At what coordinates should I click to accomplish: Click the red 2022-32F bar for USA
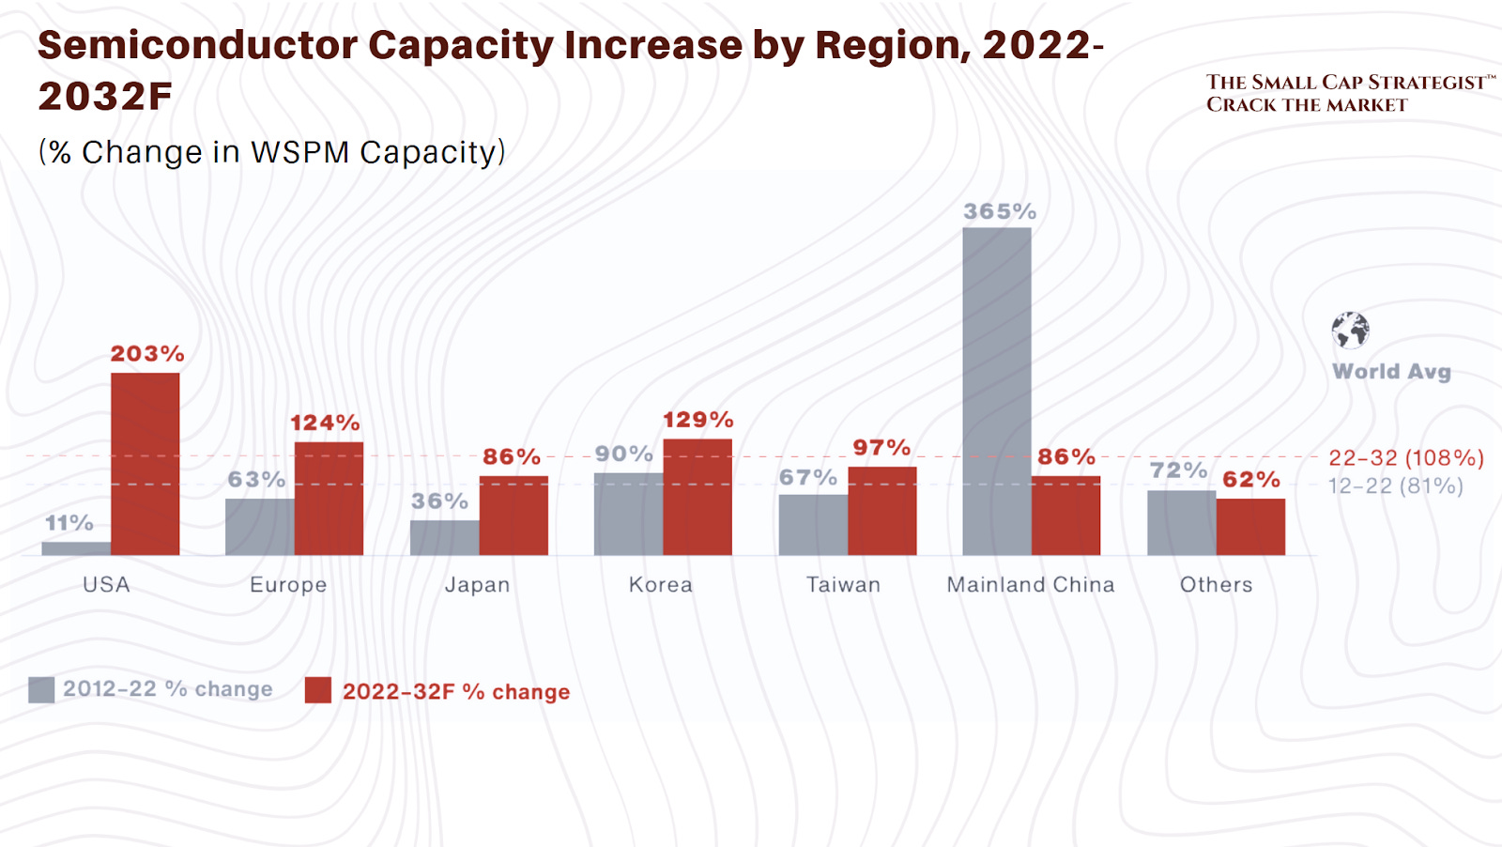[146, 464]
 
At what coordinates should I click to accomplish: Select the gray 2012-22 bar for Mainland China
[997, 392]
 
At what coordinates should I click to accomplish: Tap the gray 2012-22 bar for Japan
[444, 538]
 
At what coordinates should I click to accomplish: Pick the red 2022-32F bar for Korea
[697, 497]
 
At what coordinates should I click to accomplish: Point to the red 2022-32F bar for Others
[1250, 527]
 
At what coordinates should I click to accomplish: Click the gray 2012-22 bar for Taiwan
[813, 525]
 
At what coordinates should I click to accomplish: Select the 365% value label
[1000, 211]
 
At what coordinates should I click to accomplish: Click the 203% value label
[147, 354]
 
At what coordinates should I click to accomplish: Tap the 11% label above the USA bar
[69, 522]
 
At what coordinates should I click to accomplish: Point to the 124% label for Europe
[325, 423]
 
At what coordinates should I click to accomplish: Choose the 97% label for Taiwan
[881, 448]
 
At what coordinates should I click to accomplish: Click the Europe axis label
[288, 585]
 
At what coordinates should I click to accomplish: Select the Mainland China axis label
[1031, 585]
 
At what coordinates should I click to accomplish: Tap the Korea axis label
[661, 585]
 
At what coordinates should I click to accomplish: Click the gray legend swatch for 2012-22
[41, 690]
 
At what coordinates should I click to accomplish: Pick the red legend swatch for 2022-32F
[318, 691]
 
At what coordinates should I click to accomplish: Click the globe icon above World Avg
[1351, 330]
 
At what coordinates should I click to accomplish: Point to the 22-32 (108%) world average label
[1405, 458]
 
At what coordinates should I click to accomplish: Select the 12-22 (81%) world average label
[1395, 486]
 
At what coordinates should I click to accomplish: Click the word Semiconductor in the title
[197, 45]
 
